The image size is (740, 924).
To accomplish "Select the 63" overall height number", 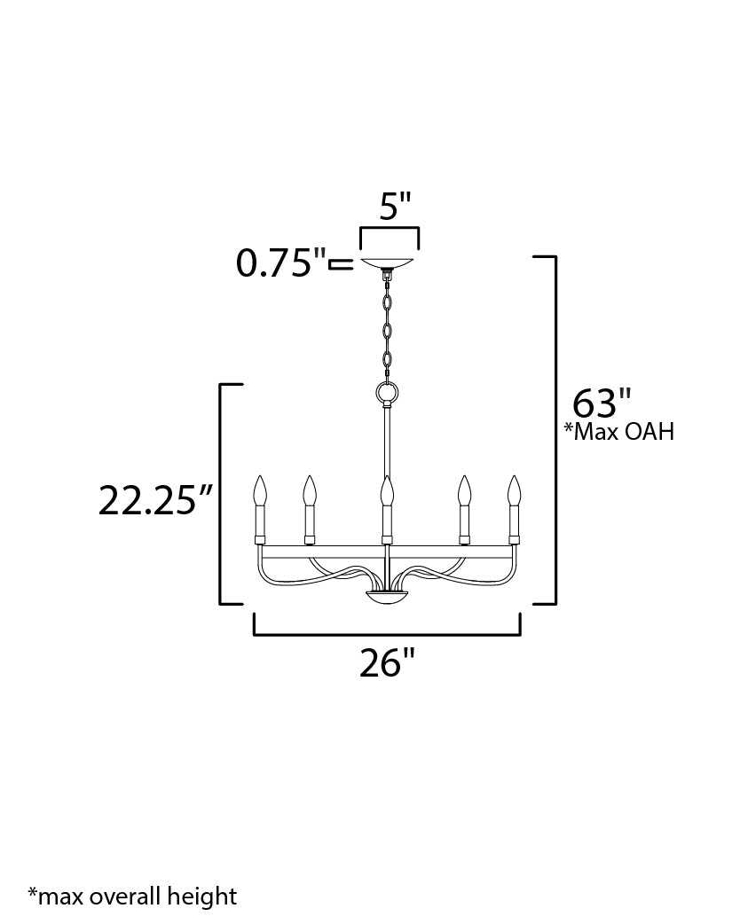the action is (x=602, y=403).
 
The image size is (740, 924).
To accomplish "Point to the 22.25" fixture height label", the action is (x=155, y=500).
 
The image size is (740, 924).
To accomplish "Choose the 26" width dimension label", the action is (x=388, y=662).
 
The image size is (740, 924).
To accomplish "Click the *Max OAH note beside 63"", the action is (x=619, y=432).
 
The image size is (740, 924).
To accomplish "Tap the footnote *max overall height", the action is (x=132, y=897).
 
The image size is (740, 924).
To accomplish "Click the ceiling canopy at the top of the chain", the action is (x=390, y=262).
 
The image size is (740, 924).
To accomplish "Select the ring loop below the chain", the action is (x=388, y=393).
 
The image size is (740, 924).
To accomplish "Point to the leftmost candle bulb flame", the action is (x=260, y=490).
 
